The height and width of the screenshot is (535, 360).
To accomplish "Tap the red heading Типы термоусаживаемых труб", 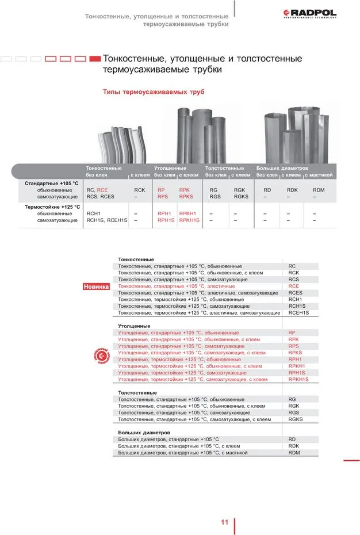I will [153, 92].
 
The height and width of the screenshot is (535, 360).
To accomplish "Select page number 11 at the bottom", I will [225, 522].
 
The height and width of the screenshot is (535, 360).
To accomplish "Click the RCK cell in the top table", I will [139, 190].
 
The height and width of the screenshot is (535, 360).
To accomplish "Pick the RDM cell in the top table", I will [319, 190].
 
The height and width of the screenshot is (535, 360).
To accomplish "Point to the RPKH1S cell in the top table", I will [189, 220].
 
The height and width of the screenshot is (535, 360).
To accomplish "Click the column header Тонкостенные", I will [104, 168].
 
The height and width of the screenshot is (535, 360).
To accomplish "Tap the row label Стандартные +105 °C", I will [51, 183].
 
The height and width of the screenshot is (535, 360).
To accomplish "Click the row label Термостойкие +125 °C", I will [52, 207].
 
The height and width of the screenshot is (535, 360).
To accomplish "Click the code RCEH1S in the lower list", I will [298, 312].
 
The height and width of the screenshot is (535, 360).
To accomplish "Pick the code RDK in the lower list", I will [293, 446].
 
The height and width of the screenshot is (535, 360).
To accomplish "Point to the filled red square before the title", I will [95, 59].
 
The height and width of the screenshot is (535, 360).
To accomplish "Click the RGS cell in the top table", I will [215, 197].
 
